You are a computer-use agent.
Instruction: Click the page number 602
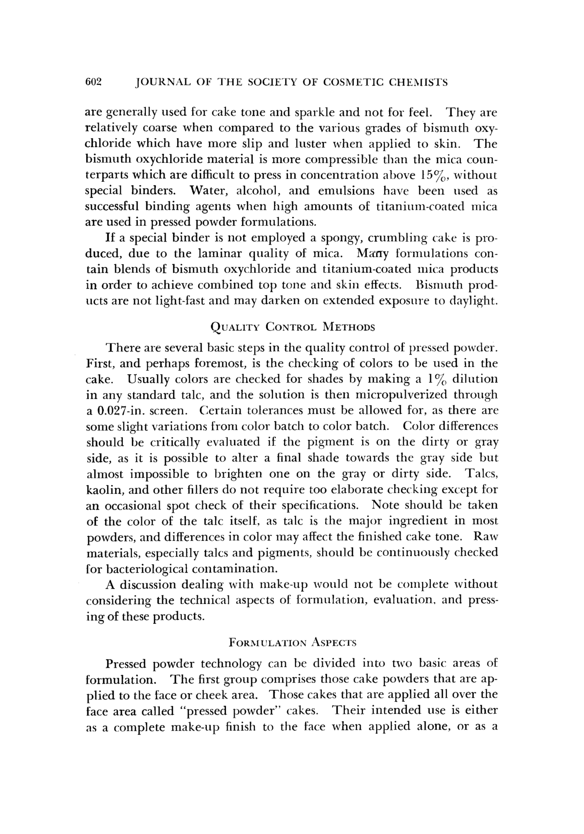click(94, 83)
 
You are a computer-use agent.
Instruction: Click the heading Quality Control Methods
click(292, 327)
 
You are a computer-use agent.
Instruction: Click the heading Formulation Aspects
click(293, 643)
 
